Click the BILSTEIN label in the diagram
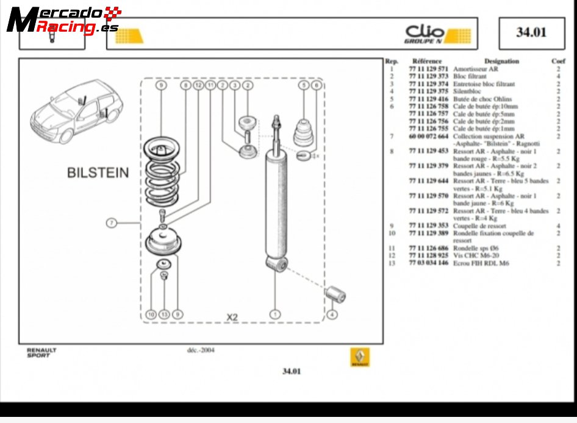[98, 172]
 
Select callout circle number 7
[111, 223]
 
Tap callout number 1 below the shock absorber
[275, 315]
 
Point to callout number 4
[332, 315]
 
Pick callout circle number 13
[164, 315]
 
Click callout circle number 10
[151, 315]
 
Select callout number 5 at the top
[303, 86]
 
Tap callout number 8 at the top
[185, 86]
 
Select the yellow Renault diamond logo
[360, 358]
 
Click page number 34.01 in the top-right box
[531, 33]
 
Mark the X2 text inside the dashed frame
[232, 317]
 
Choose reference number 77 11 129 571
[428, 69]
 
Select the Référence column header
[427, 61]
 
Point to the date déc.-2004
[201, 350]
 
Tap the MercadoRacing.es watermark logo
[61, 20]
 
